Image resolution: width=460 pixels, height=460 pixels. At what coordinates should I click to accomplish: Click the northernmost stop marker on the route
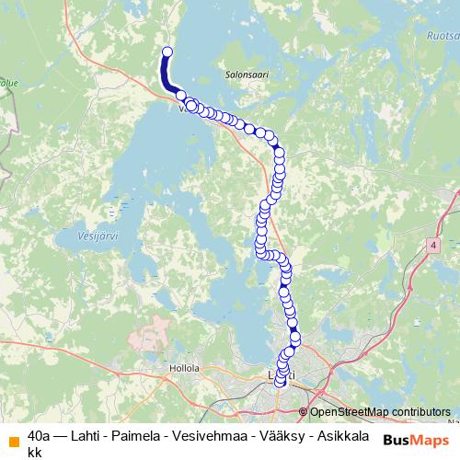point(167,52)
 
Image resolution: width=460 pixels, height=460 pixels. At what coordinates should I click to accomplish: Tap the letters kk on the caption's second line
point(35,452)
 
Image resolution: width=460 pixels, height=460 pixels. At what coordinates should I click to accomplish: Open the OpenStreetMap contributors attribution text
point(379,411)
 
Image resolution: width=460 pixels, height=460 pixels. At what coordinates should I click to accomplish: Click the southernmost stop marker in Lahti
point(281,382)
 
